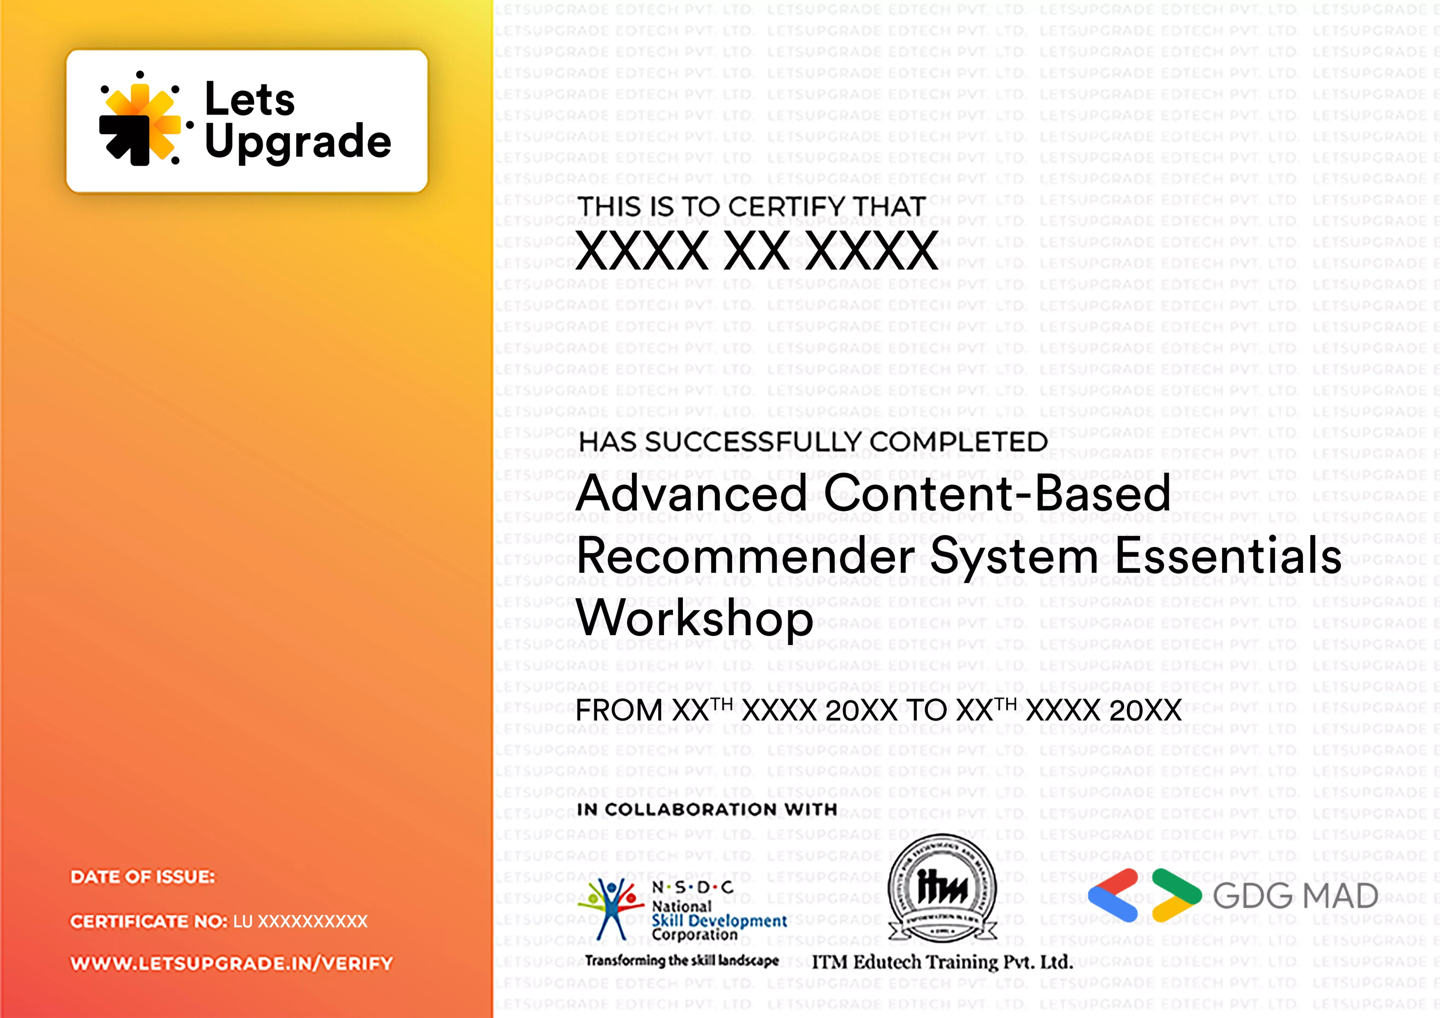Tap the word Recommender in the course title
[746, 556]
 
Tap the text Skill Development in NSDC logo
[719, 921]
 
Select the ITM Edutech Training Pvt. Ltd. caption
[942, 962]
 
